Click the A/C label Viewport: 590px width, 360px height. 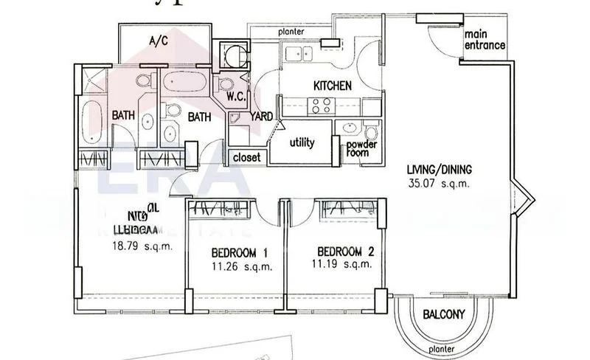159,41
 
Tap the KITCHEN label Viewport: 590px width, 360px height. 332,86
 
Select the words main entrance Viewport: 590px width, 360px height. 484,39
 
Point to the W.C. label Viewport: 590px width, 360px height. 236,95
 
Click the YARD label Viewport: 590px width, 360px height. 261,116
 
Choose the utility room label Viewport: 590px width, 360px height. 302,142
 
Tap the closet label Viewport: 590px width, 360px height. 246,157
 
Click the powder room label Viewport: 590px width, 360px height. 363,148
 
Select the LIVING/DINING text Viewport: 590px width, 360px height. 440,168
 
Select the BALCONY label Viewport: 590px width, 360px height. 444,315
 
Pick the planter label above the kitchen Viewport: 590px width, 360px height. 294,32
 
